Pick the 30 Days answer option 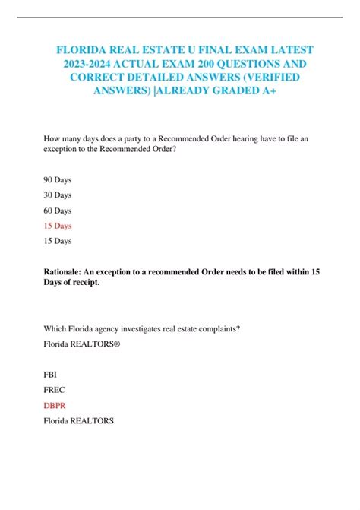point(58,195)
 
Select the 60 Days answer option point(58,211)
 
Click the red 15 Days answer point(58,226)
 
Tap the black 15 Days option point(58,241)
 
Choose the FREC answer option point(55,389)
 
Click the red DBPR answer point(55,404)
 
